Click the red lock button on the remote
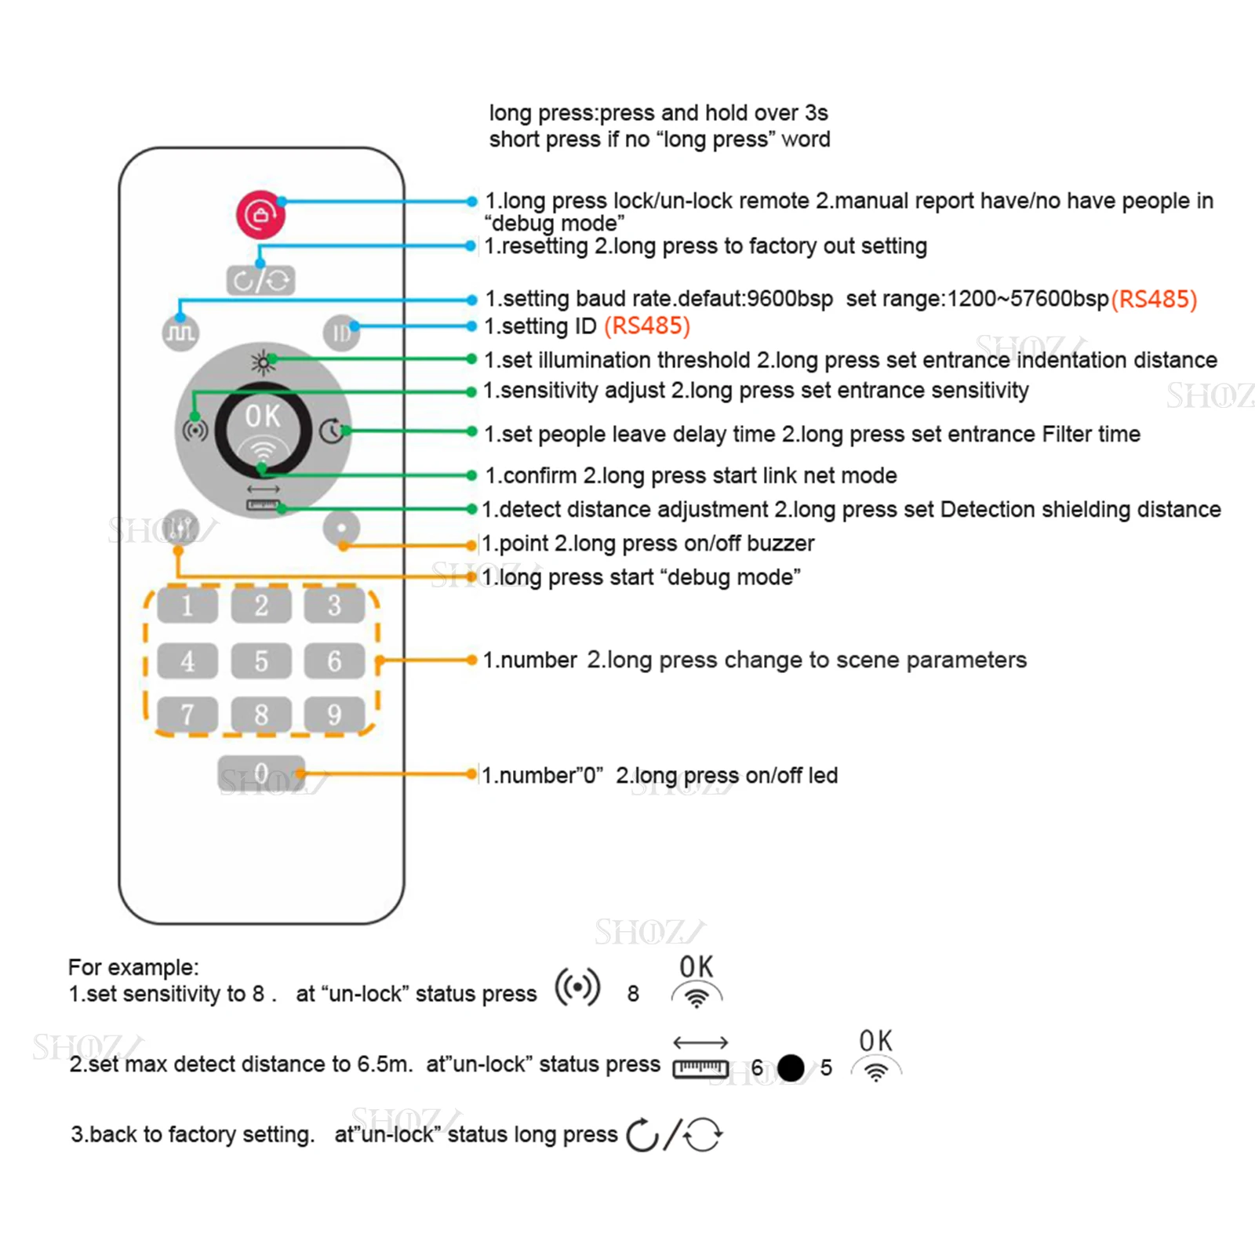[260, 214]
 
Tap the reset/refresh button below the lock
[261, 280]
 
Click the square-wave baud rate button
[180, 333]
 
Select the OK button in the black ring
[263, 430]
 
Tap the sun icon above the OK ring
[263, 362]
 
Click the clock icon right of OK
[332, 431]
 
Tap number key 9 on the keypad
[334, 715]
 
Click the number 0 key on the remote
[261, 773]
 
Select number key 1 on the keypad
[187, 606]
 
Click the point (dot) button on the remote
[341, 528]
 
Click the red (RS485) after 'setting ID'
[647, 326]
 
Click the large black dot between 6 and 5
[791, 1068]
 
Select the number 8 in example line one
[633, 994]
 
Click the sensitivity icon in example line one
[578, 987]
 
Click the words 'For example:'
[133, 967]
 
